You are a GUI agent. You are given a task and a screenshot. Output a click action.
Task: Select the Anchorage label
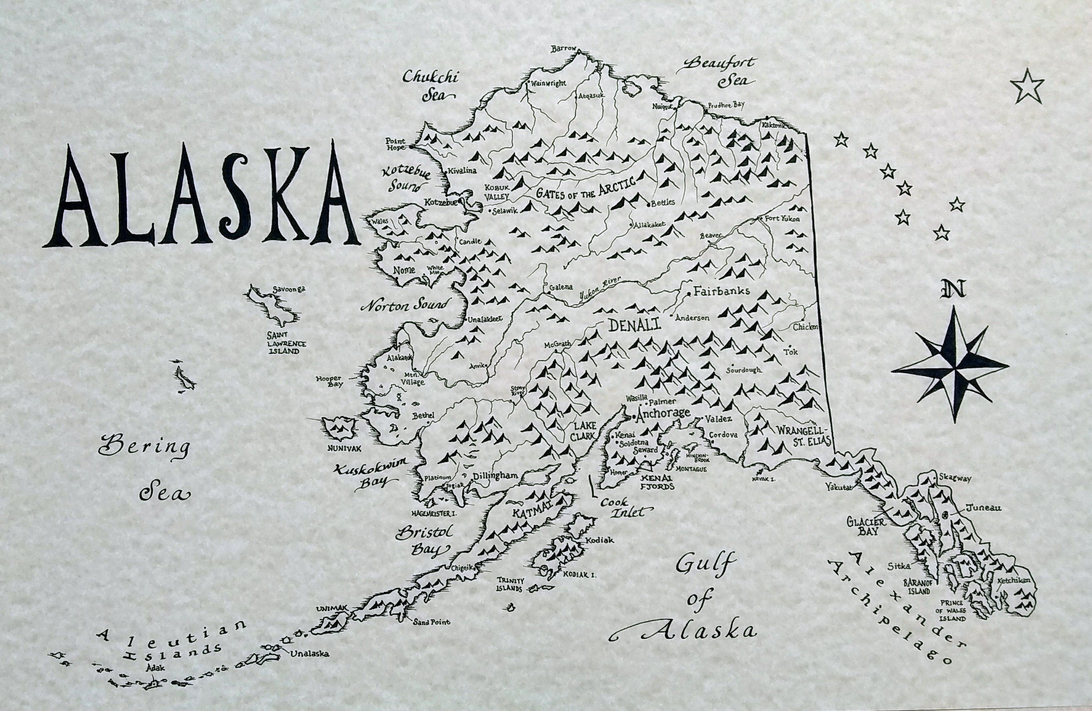[x=663, y=414]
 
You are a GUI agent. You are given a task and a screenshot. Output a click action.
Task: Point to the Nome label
[x=404, y=269]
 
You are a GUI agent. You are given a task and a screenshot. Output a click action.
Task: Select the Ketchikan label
[x=1014, y=581]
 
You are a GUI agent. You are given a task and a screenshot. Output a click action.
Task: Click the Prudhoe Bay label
[x=726, y=105]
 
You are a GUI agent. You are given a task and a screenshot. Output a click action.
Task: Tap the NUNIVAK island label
[x=340, y=446]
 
